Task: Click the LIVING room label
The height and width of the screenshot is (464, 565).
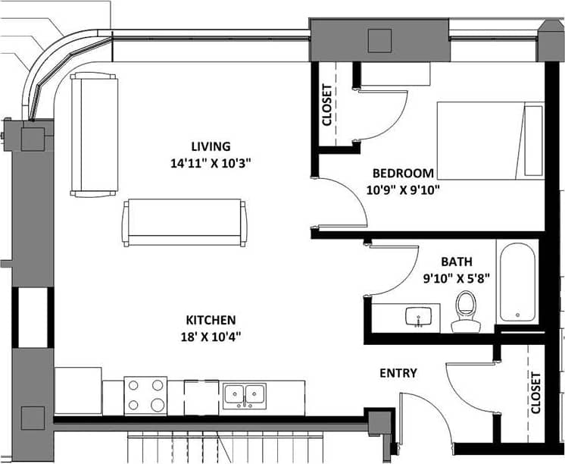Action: point(210,146)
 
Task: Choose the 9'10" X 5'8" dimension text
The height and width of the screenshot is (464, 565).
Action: point(456,277)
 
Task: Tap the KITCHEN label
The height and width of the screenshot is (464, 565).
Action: point(211,320)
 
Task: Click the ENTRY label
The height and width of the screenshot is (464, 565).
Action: point(398,373)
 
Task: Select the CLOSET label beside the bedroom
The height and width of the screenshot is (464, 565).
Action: point(326,104)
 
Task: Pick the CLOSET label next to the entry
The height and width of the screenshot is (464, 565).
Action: point(536,393)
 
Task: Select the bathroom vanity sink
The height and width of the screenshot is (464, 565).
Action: point(417,315)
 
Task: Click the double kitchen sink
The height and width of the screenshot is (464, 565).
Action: point(245,394)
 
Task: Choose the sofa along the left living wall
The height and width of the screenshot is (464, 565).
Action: point(95,135)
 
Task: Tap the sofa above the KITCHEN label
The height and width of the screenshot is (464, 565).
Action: point(185,222)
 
